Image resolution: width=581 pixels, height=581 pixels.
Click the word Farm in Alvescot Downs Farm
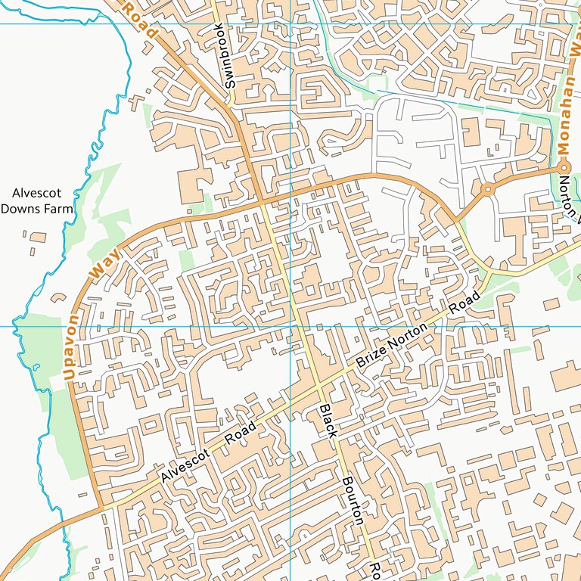point(57,208)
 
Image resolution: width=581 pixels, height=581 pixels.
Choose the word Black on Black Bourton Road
point(327,421)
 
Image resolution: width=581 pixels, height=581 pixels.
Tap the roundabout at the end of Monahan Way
point(564,166)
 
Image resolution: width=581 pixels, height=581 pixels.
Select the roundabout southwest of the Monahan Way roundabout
point(488,188)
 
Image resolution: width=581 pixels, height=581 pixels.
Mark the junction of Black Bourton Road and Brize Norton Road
point(318,387)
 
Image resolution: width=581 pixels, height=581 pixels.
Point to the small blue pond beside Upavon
point(36,368)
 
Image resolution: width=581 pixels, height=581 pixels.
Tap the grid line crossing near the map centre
point(291,326)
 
